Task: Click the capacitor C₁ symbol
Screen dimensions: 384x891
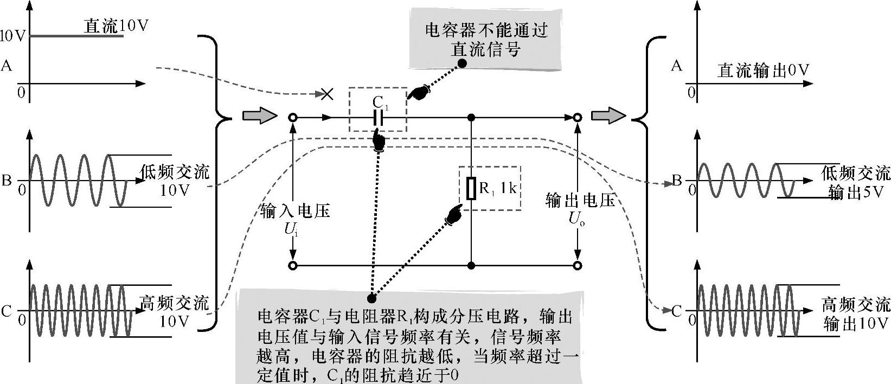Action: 378,117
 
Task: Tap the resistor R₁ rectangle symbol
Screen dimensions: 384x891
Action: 471,188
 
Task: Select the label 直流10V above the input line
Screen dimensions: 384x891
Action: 116,26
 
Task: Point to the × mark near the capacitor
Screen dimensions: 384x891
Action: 327,94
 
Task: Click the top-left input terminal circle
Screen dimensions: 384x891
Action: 293,117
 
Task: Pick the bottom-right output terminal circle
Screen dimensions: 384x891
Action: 578,266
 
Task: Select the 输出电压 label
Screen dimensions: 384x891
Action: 580,201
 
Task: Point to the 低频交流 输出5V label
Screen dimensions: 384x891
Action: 856,183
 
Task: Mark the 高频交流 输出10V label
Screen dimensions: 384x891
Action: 856,313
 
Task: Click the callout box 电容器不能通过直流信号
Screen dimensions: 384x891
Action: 486,39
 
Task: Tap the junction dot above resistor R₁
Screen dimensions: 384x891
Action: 471,117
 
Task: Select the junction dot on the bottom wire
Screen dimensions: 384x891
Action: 471,266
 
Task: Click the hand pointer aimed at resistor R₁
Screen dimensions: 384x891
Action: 453,214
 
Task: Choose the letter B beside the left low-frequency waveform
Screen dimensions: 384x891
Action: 7,180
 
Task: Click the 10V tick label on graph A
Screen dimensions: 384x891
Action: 13,36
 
